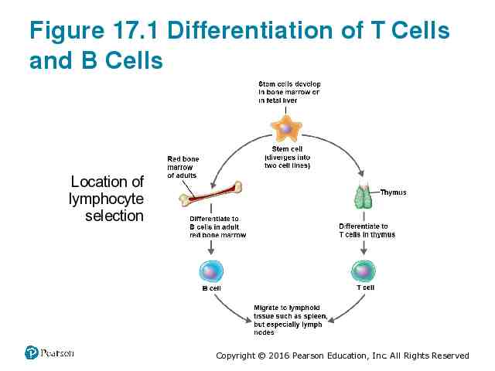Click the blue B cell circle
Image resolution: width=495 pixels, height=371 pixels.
(x=211, y=271)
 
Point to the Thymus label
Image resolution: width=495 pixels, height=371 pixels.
(x=393, y=192)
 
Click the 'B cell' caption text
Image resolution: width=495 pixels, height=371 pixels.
(x=211, y=288)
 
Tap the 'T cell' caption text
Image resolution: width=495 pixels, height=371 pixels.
(x=365, y=288)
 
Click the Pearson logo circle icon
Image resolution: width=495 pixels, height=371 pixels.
(x=32, y=352)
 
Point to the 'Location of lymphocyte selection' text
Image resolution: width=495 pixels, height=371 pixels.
(x=108, y=199)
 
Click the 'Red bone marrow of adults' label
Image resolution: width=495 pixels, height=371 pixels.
(x=183, y=167)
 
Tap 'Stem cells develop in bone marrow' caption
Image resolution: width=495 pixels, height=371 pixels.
(x=289, y=91)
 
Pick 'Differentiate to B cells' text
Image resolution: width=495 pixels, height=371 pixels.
(x=217, y=227)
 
